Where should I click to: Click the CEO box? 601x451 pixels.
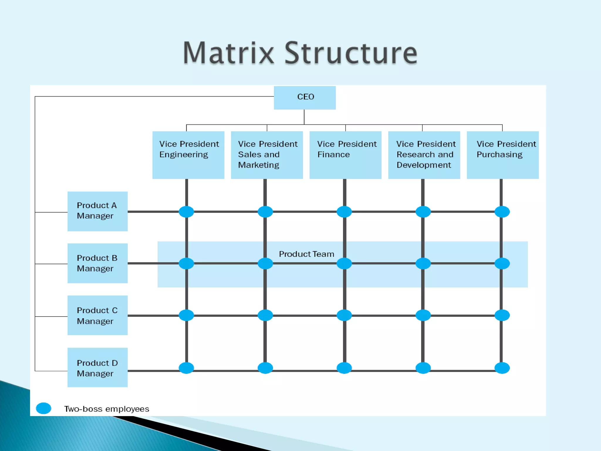305,97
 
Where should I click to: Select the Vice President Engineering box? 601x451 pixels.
188,155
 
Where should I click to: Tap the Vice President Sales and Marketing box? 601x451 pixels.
267,155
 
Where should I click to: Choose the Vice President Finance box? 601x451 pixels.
345,155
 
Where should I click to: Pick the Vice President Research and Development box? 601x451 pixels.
424,155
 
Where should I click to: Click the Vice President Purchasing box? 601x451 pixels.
502,155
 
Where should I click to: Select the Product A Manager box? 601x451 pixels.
97,211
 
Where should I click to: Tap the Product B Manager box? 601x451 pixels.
97,263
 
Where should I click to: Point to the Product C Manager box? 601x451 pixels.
97,315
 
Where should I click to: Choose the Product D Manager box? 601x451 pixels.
97,367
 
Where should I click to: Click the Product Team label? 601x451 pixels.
306,254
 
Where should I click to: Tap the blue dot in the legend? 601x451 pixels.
43,408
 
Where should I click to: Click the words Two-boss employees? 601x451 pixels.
107,409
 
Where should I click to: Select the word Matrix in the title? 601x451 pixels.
228,53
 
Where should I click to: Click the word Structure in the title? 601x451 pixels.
351,53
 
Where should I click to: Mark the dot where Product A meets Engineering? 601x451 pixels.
186,212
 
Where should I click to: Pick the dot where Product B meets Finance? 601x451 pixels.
344,263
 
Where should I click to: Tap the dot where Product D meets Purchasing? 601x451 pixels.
502,368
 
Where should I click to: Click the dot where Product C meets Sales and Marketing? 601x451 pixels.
265,315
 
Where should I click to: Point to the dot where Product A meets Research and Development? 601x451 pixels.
423,212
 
